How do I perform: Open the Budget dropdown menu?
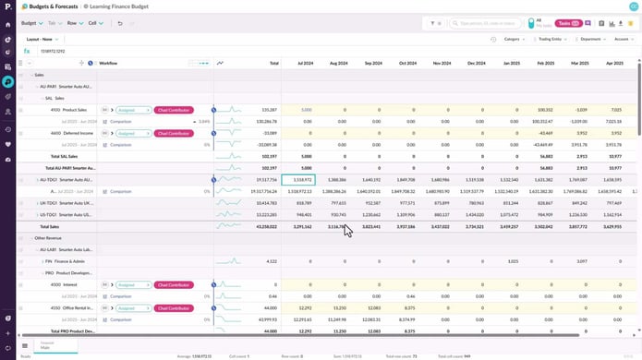pos(31,22)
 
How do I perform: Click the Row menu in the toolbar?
pos(72,22)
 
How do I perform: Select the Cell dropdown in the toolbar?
pos(94,22)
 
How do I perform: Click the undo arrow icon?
pos(120,22)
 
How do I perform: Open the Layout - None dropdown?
pos(43,40)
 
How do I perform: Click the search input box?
pos(490,23)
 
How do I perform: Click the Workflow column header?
pos(108,64)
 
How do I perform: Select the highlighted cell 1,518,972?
pos(297,179)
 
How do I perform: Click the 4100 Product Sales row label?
pos(68,109)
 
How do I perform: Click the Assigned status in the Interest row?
pos(134,285)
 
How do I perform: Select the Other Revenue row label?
pos(48,238)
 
